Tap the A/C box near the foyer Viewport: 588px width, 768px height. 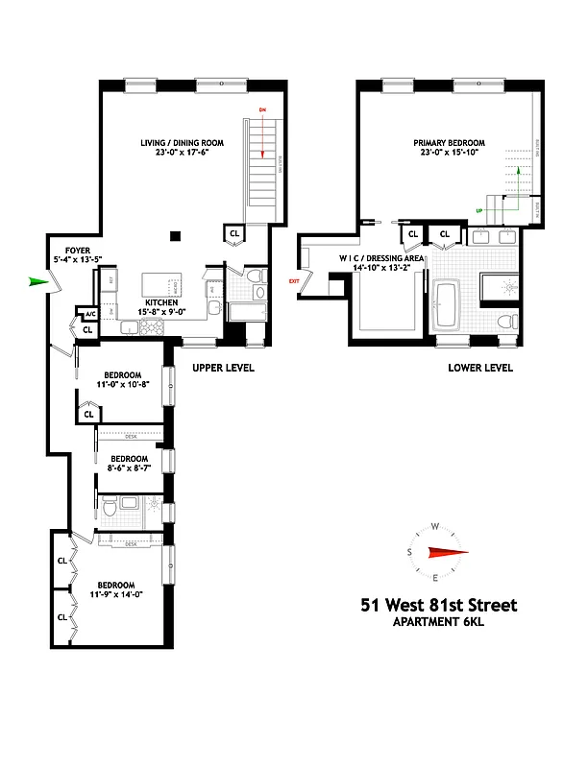click(90, 314)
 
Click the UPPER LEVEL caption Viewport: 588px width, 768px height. click(223, 368)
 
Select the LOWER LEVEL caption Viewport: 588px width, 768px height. click(480, 368)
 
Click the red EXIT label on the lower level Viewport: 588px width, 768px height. click(294, 280)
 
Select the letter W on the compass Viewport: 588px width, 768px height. click(435, 527)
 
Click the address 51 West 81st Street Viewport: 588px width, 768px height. click(438, 605)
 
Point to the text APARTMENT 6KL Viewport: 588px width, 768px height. click(438, 622)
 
